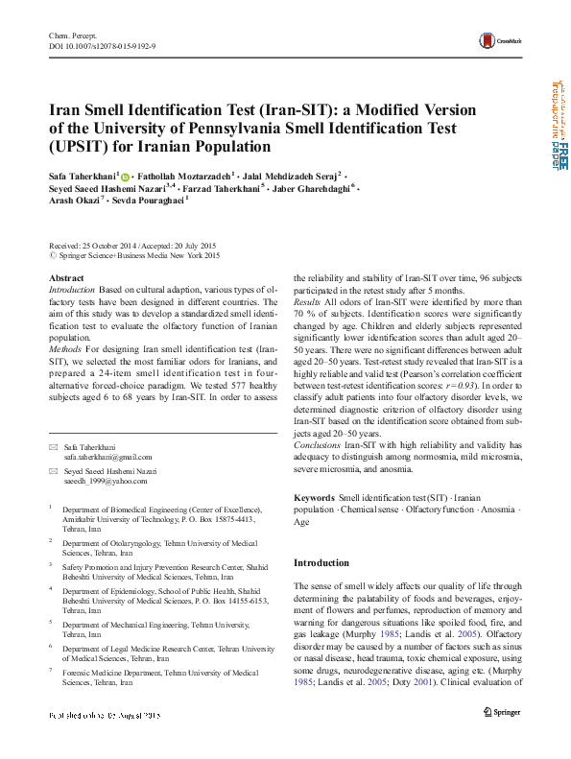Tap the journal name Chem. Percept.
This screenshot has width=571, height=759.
click(x=72, y=35)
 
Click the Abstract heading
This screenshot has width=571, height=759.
click(x=65, y=277)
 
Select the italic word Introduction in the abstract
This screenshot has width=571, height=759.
click(x=71, y=289)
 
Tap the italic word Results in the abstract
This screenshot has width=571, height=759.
click(x=307, y=302)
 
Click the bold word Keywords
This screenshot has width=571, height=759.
click(x=314, y=499)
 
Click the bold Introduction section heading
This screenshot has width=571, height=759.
click(x=321, y=562)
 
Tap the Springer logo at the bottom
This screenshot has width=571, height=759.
click(x=501, y=739)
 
